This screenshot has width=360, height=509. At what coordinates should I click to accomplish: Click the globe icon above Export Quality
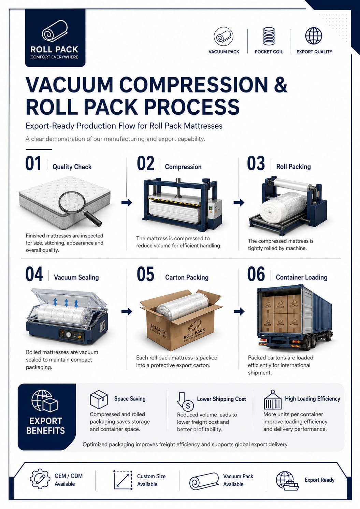pyautogui.click(x=314, y=36)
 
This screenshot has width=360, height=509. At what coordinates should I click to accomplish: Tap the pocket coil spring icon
pyautogui.click(x=269, y=36)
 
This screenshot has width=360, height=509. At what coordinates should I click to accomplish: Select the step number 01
pyautogui.click(x=33, y=163)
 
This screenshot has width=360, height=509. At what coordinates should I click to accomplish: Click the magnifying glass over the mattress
pyautogui.click(x=80, y=208)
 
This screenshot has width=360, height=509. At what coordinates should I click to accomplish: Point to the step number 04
pyautogui.click(x=34, y=274)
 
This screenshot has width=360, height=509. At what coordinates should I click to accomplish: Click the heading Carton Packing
pyautogui.click(x=187, y=277)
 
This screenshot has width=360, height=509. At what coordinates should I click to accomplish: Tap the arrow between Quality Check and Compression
pyautogui.click(x=127, y=202)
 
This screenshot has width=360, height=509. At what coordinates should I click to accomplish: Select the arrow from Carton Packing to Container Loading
pyautogui.click(x=239, y=311)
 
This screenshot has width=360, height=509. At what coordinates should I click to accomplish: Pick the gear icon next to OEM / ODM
pyautogui.click(x=40, y=479)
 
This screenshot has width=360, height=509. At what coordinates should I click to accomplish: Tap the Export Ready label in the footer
pyautogui.click(x=319, y=480)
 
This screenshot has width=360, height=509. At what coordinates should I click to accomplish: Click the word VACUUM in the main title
pyautogui.click(x=69, y=85)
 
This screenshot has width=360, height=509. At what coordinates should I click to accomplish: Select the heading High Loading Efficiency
pyautogui.click(x=312, y=399)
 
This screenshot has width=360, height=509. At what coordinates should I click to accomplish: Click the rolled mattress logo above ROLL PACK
pyautogui.click(x=55, y=31)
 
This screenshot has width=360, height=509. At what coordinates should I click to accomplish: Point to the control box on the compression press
pyautogui.click(x=215, y=209)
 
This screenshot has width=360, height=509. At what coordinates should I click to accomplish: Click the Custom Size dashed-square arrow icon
pyautogui.click(x=123, y=480)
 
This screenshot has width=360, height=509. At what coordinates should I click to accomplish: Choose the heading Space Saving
pyautogui.click(x=130, y=399)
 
